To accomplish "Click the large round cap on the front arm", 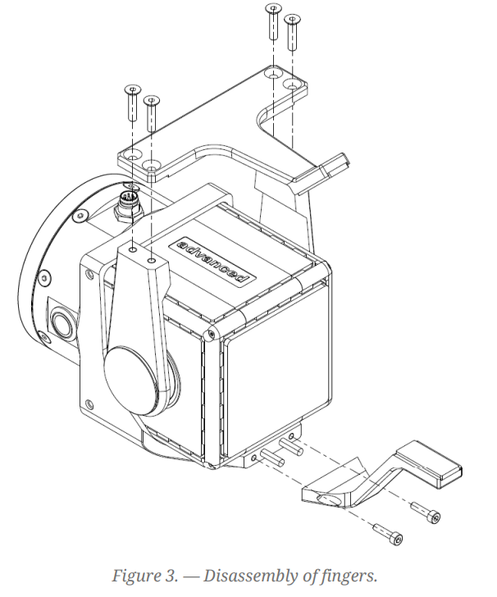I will pyautogui.click(x=135, y=380).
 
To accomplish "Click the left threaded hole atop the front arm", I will pyautogui.click(x=133, y=247).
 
